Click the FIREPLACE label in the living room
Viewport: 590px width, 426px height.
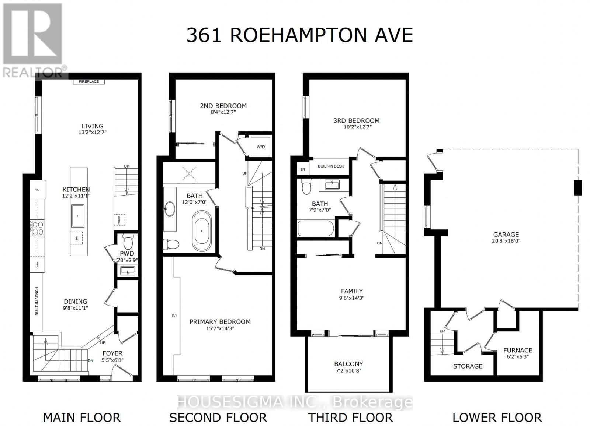click(x=89, y=82)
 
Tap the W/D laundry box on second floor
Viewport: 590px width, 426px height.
click(x=261, y=147)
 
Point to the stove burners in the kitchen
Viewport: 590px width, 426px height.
click(x=38, y=228)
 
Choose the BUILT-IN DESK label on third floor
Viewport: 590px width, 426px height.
click(x=331, y=166)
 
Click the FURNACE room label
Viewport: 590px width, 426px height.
click(x=518, y=350)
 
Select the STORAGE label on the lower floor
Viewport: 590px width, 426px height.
click(x=468, y=366)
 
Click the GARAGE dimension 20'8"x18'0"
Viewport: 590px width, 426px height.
click(x=506, y=241)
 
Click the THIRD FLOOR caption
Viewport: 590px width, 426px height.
click(x=350, y=418)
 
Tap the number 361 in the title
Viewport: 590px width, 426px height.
click(x=204, y=35)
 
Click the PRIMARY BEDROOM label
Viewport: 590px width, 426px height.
click(x=220, y=321)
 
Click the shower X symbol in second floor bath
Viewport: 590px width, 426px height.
click(x=189, y=173)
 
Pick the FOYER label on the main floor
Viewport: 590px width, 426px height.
click(x=112, y=353)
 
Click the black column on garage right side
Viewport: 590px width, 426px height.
click(x=578, y=187)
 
